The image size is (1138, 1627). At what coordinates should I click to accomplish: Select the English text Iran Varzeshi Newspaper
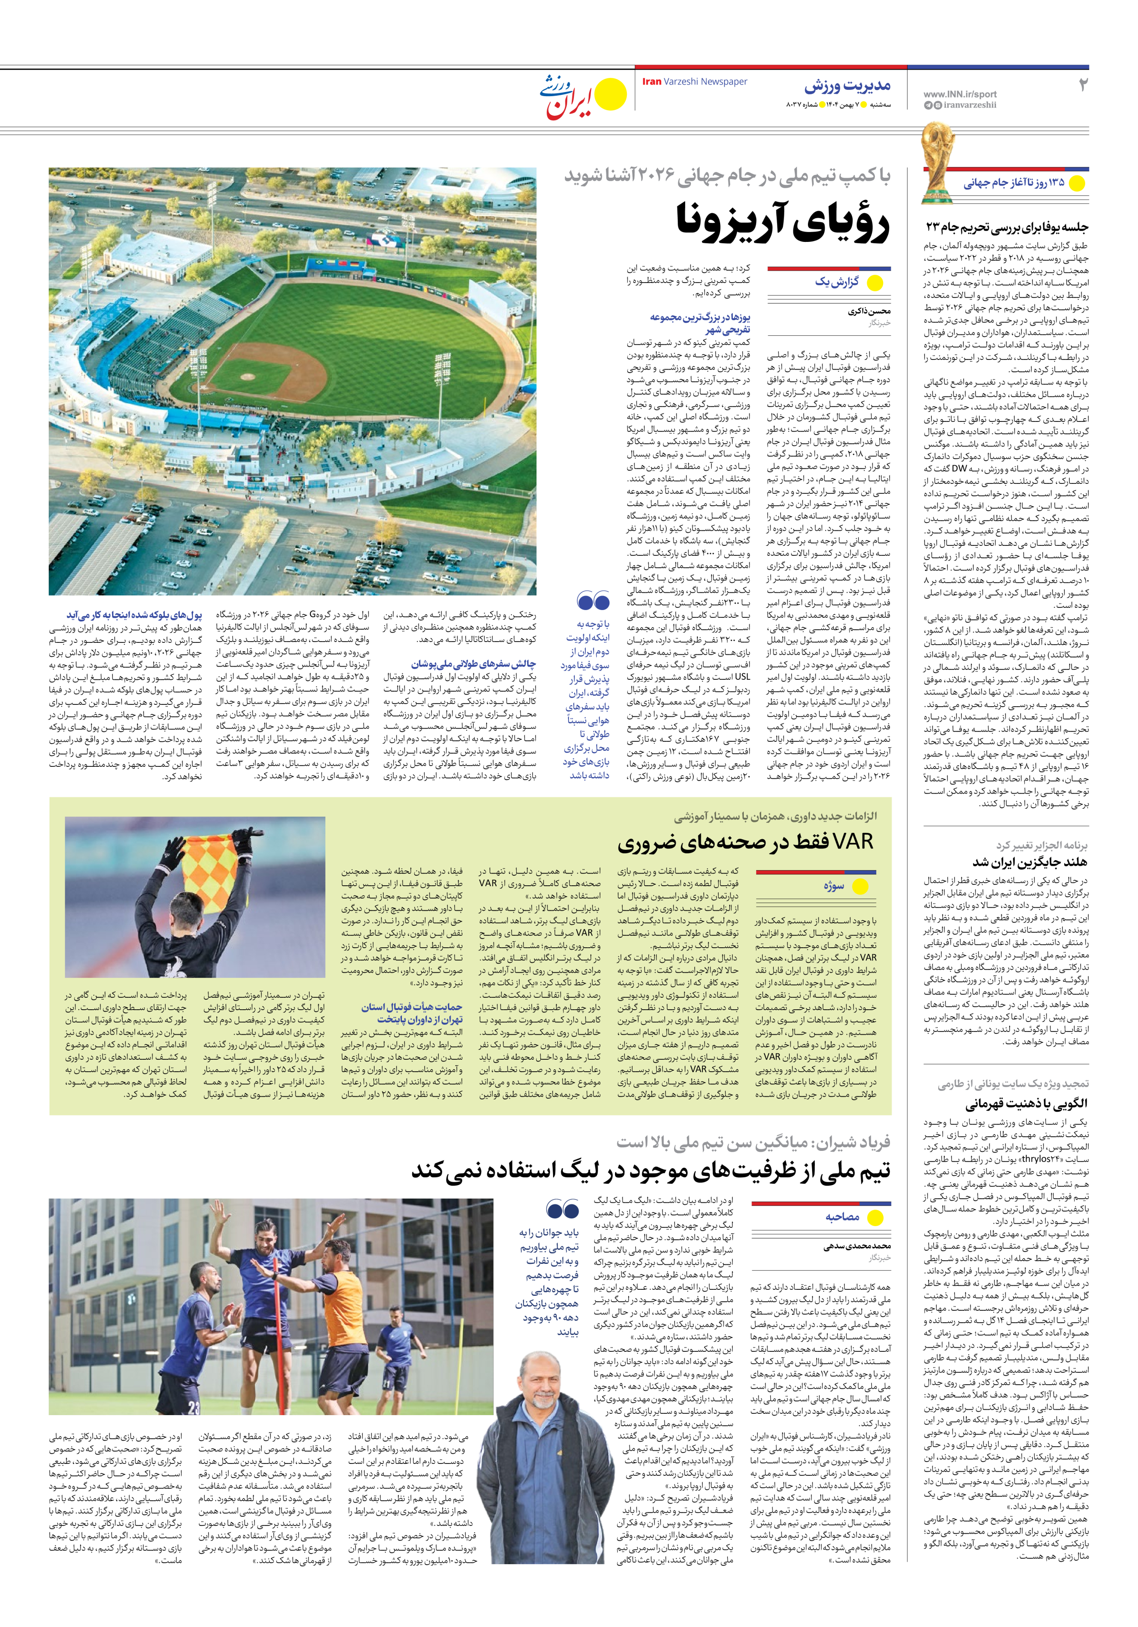coord(694,82)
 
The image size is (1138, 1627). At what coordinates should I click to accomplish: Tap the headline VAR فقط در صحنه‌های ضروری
coord(746,842)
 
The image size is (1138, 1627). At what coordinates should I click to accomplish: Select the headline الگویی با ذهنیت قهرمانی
coord(1026,1103)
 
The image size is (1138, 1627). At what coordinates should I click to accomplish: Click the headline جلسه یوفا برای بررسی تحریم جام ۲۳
coord(1006,227)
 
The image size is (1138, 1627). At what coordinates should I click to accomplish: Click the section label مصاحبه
coord(842,1216)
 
